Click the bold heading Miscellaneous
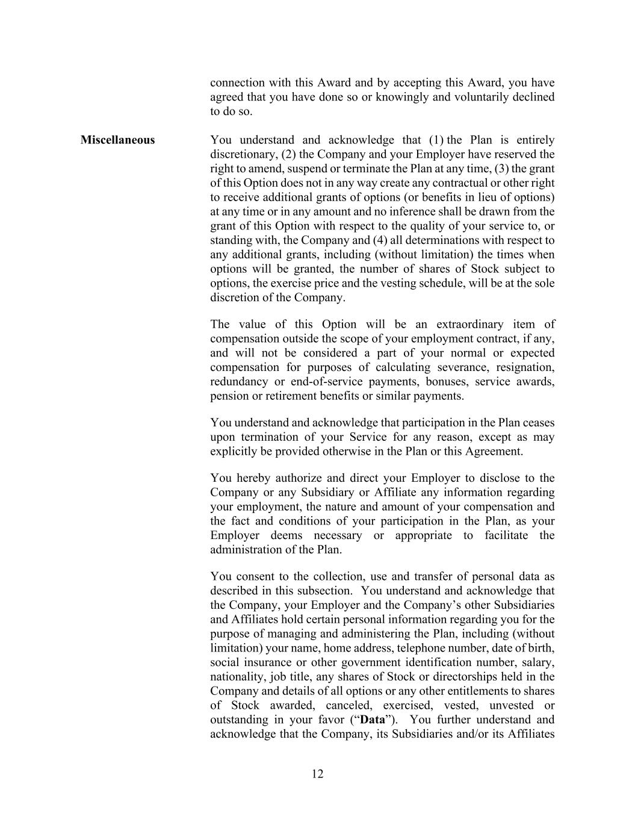click(117, 140)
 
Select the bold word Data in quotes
click(372, 720)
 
